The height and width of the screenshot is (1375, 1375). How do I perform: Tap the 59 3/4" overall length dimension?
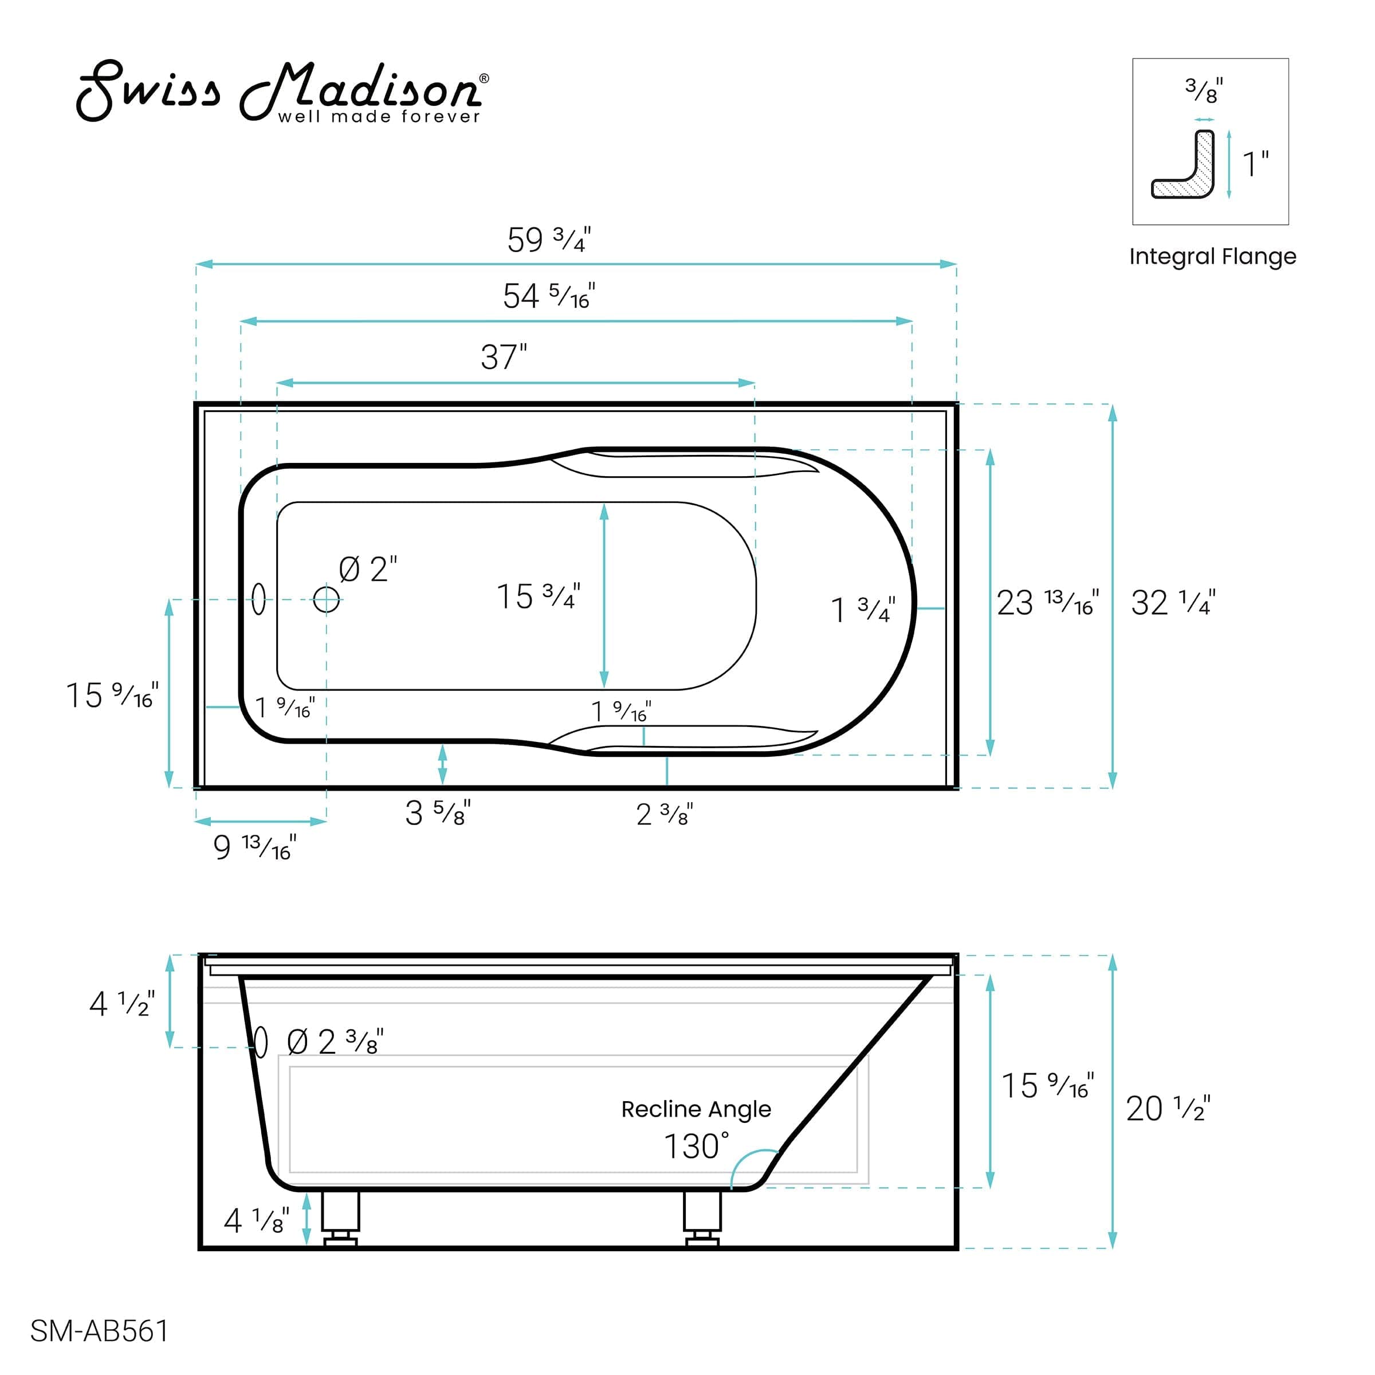[549, 240]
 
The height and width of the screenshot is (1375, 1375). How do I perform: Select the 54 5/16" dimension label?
[549, 296]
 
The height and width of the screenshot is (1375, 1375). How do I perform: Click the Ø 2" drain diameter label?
[368, 569]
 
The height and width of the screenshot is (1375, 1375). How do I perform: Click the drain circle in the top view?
[327, 599]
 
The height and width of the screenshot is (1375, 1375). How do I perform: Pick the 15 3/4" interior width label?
[538, 596]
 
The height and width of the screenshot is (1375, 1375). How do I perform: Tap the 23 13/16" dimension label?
[1047, 603]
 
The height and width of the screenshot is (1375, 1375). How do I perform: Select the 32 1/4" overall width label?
[1173, 603]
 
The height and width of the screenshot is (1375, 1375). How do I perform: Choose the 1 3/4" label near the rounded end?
[863, 610]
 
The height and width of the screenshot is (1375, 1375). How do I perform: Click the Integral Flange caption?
[1212, 256]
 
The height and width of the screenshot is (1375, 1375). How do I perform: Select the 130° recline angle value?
[696, 1146]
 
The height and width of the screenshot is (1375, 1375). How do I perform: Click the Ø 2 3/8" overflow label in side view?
[335, 1043]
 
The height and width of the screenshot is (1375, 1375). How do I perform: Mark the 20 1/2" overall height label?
[1167, 1108]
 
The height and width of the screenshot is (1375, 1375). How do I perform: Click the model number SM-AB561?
[100, 1331]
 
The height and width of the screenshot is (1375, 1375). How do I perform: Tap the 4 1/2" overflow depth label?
[121, 1004]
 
